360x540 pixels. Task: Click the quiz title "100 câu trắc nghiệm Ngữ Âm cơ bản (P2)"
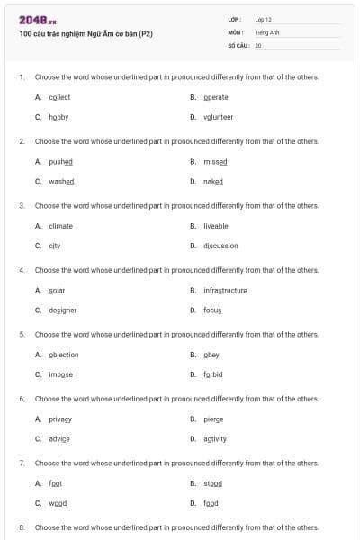coord(85,34)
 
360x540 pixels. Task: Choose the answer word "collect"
coord(59,97)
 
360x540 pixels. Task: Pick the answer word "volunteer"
coord(219,117)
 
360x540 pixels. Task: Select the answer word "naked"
coord(213,181)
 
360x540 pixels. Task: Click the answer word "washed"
coord(61,181)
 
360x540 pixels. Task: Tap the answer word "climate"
coord(61,226)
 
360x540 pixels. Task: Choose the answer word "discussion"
coord(220,246)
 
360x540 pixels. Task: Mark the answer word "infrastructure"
coord(225,290)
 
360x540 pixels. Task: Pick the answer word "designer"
coord(63,310)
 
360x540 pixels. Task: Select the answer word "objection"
coord(64,355)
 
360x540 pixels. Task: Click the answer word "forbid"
coord(213,374)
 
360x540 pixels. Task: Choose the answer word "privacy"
coord(60,418)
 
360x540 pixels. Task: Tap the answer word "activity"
coord(215,438)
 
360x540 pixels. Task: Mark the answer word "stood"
coord(212,483)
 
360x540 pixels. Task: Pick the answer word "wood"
coord(58,503)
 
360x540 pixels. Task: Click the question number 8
coord(22,526)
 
